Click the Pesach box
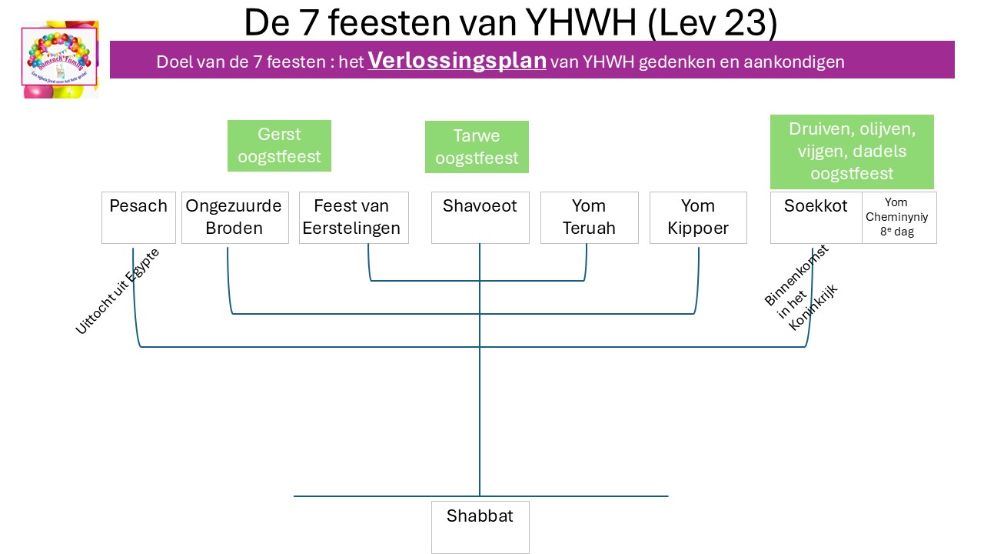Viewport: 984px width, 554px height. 138,217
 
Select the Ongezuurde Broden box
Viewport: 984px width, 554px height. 234,217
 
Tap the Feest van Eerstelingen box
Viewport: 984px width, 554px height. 353,217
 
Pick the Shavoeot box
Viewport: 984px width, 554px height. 480,217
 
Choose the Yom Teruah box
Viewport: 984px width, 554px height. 589,217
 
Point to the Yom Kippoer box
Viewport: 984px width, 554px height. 698,217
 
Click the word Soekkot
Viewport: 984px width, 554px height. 816,206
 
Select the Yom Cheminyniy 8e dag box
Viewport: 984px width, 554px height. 899,217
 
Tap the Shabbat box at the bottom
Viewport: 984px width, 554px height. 480,526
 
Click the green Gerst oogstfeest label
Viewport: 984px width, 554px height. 279,145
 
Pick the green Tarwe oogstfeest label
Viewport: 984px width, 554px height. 477,147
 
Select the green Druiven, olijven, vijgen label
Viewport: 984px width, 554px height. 852,152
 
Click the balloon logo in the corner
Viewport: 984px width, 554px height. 60,60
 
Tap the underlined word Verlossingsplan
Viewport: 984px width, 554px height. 457,61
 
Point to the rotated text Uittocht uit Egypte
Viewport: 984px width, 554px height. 117,291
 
